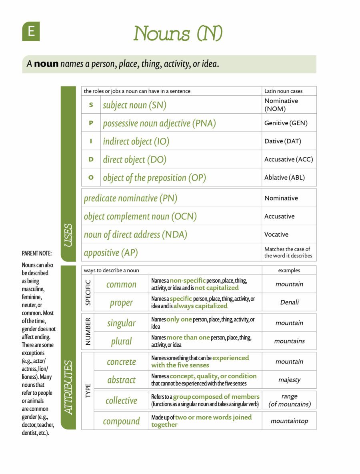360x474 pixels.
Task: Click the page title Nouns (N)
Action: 178,33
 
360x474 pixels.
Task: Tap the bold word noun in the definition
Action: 46,64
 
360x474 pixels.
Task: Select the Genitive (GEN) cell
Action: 286,123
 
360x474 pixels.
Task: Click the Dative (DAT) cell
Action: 282,141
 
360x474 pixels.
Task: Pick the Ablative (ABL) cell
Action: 284,178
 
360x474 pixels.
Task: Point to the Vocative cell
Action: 276,235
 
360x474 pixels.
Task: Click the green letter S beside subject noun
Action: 91,105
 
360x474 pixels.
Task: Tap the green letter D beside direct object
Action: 91,159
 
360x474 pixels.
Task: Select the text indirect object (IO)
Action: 136,141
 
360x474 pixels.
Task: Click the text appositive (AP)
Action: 107,253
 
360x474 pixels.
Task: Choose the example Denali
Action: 289,302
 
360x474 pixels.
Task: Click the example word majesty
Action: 289,380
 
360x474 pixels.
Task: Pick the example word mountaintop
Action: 289,421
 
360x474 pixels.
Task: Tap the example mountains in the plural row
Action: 289,341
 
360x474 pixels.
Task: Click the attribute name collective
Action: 121,400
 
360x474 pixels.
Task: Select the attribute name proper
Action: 121,303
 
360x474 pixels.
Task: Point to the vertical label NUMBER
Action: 88,332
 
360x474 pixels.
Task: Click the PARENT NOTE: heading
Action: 37,253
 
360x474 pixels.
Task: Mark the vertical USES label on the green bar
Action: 68,235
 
